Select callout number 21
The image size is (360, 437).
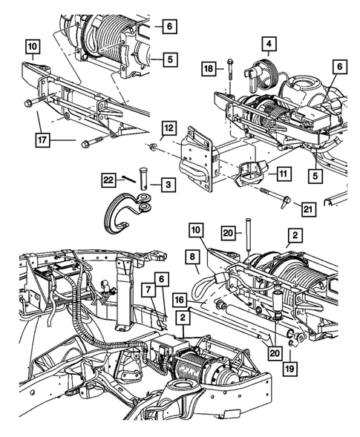click(308, 209)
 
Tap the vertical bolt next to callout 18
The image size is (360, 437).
click(231, 72)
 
